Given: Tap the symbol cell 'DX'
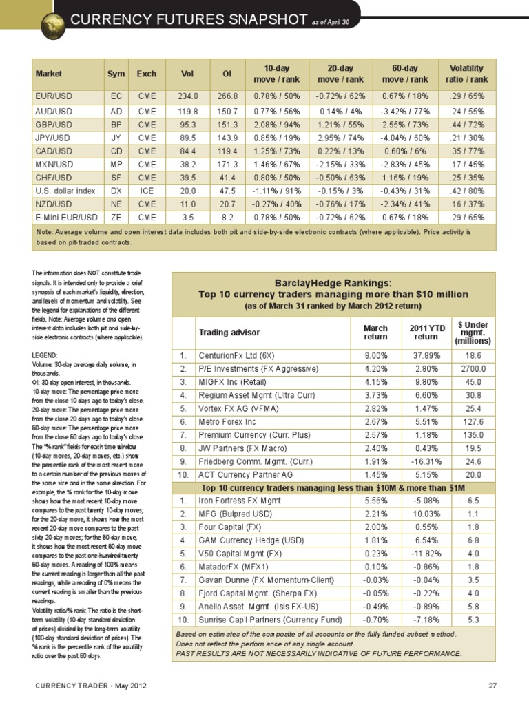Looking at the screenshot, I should tap(116, 190).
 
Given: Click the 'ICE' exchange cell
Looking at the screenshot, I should tap(147, 190).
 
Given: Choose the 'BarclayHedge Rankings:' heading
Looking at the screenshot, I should tap(333, 283).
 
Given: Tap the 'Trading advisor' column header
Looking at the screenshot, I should tap(225, 333).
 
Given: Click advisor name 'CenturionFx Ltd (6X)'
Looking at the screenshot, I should tap(238, 357).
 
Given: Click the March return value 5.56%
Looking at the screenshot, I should tap(375, 501).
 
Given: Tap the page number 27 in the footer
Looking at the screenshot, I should tap(492, 686).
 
